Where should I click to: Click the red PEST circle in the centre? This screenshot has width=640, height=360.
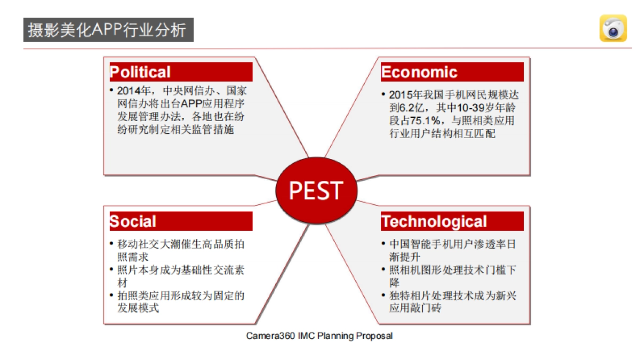pyautogui.click(x=316, y=190)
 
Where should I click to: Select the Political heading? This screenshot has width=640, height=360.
pyautogui.click(x=140, y=71)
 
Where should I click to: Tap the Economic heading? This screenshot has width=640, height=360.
pyautogui.click(x=419, y=71)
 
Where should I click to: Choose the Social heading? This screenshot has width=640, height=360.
pyautogui.click(x=133, y=221)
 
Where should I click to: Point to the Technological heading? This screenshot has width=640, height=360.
pyautogui.click(x=434, y=222)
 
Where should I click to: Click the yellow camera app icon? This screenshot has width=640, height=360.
pyautogui.click(x=613, y=28)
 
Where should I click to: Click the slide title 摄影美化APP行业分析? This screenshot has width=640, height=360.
pyautogui.click(x=107, y=30)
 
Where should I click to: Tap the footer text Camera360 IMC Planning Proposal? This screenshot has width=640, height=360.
pyautogui.click(x=319, y=335)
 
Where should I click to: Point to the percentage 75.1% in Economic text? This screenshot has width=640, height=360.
pyautogui.click(x=425, y=121)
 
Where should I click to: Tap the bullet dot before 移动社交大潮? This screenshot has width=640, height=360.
pyautogui.click(x=111, y=244)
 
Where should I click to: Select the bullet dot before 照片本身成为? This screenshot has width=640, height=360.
pyautogui.click(x=111, y=269)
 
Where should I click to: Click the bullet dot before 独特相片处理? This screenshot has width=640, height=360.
pyautogui.click(x=383, y=295)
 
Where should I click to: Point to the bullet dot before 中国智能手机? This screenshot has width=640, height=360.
pyautogui.click(x=383, y=244)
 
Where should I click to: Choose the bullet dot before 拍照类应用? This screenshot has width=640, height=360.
pyautogui.click(x=111, y=295)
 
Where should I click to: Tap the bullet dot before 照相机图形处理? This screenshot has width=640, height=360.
pyautogui.click(x=383, y=269)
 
